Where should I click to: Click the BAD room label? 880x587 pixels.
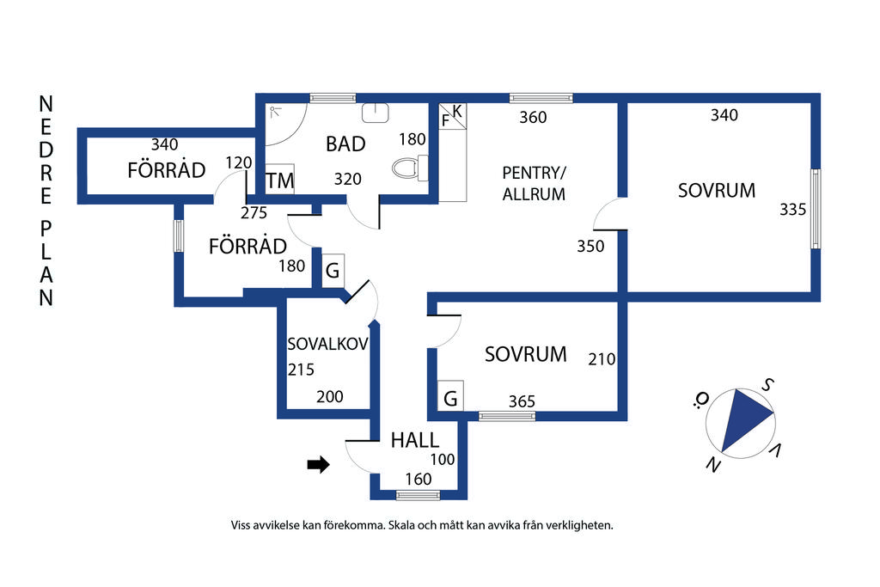pyautogui.click(x=345, y=144)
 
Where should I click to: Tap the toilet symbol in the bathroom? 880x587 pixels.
pyautogui.click(x=412, y=168)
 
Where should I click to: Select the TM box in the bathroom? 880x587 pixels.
pyautogui.click(x=279, y=180)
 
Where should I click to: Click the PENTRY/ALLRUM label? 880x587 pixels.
pyautogui.click(x=534, y=183)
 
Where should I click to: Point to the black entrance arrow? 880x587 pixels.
pyautogui.click(x=319, y=465)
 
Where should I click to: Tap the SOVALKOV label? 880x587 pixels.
pyautogui.click(x=327, y=345)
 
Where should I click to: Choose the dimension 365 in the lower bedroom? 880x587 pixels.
pyautogui.click(x=522, y=401)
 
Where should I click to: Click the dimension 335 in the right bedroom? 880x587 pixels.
pyautogui.click(x=792, y=209)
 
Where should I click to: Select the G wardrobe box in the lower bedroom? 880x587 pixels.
pyautogui.click(x=450, y=397)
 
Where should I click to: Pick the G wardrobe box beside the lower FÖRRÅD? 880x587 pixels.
pyautogui.click(x=333, y=271)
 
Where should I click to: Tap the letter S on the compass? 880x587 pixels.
pyautogui.click(x=769, y=384)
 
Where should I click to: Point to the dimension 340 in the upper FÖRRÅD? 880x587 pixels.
pyautogui.click(x=164, y=144)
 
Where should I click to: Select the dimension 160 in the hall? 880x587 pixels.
pyautogui.click(x=418, y=480)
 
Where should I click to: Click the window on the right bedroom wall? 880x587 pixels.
pyautogui.click(x=816, y=209)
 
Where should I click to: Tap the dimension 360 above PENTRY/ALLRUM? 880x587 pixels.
pyautogui.click(x=533, y=118)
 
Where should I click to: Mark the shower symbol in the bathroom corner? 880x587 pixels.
pyautogui.click(x=274, y=111)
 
